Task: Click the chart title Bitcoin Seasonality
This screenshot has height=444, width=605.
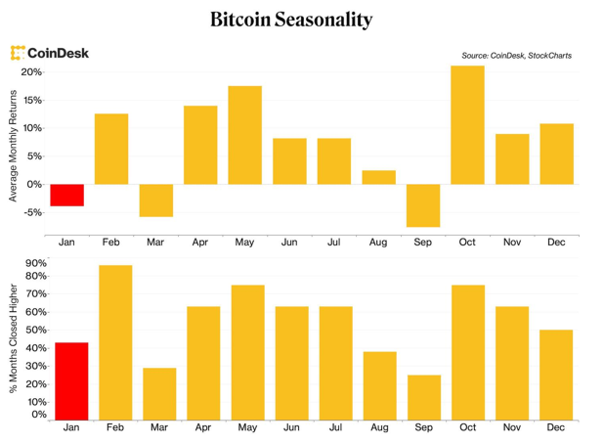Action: coord(290,20)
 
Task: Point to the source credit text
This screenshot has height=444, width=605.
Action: coord(516,56)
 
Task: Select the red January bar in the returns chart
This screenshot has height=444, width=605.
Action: coord(67,195)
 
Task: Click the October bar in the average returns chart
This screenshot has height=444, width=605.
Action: coord(467,124)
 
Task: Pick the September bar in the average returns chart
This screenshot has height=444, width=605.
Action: coord(423,205)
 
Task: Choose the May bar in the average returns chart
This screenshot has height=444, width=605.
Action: coord(245,135)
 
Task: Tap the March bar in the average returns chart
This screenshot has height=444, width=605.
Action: coord(156,200)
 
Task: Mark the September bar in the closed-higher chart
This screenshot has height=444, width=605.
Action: coord(423,396)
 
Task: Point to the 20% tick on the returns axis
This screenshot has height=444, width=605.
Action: coord(31,72)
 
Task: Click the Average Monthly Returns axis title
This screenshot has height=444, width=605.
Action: coord(13,145)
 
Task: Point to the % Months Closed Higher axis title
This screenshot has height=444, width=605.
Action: coord(13,337)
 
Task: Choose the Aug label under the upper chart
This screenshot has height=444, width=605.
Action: coord(377,243)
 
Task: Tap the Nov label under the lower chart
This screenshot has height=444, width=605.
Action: coord(512,427)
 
